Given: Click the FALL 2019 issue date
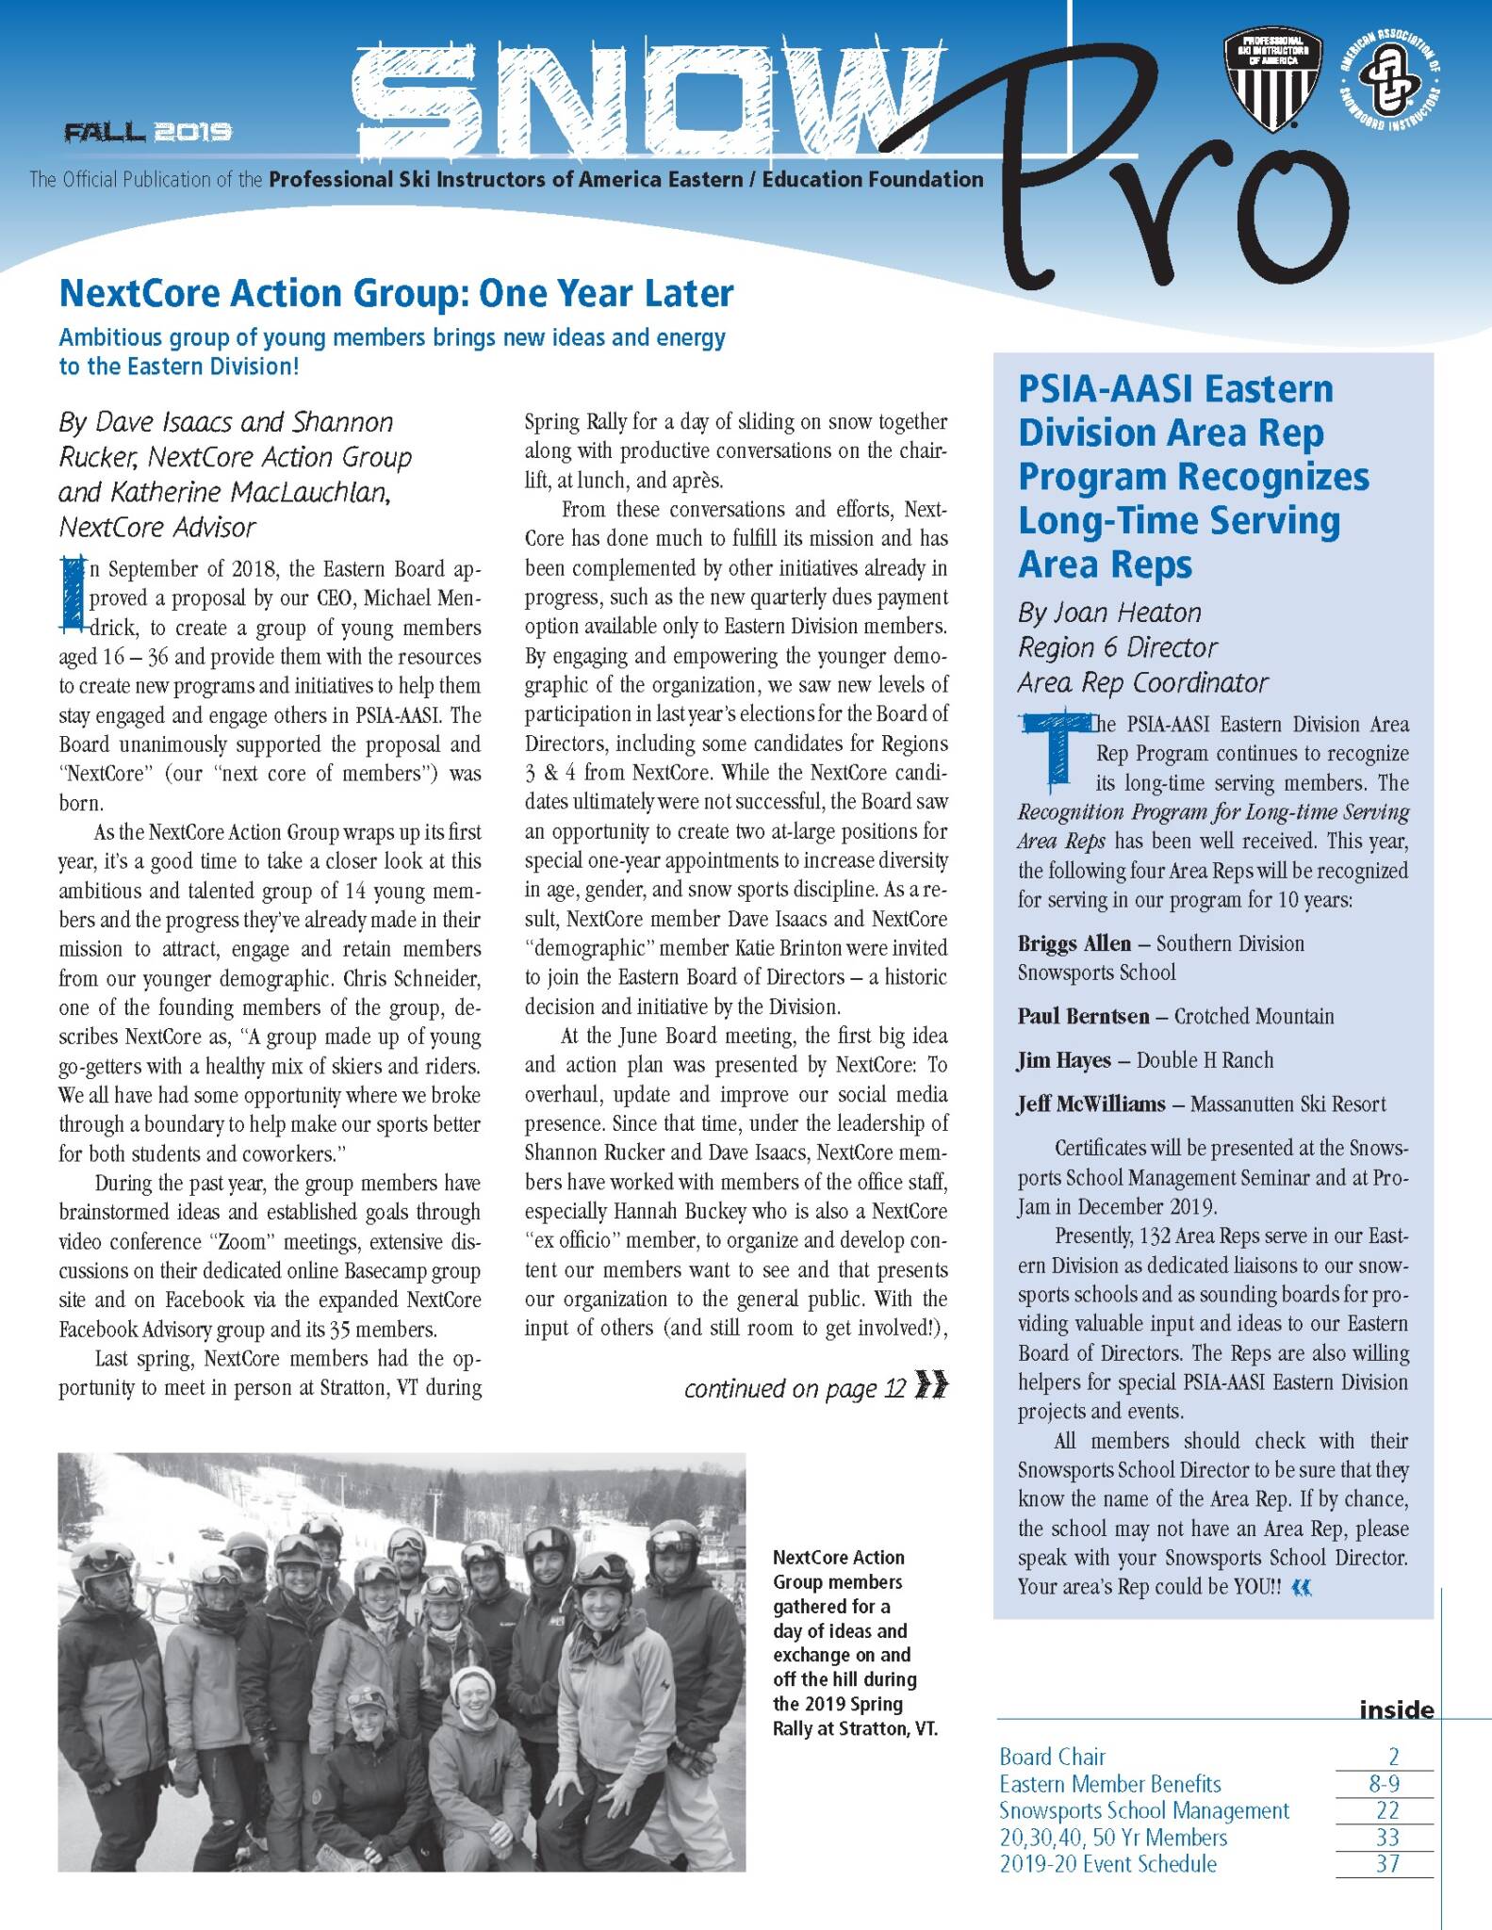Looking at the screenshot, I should click(148, 132).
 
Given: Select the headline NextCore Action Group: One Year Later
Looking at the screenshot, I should click(396, 294).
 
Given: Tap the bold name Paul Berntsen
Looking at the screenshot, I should click(1083, 1016).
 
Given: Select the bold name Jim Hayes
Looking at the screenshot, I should click(1063, 1060).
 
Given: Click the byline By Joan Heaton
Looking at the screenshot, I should click(1109, 613).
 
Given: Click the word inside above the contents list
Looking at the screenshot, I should click(1396, 1709).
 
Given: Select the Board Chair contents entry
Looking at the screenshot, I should click(1052, 1757).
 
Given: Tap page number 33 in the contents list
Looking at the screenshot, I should click(1386, 1837).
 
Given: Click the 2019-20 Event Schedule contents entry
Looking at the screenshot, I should click(1107, 1863).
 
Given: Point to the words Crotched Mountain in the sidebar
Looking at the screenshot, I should click(1254, 1016).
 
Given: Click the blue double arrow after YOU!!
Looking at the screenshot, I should click(1301, 1587).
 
